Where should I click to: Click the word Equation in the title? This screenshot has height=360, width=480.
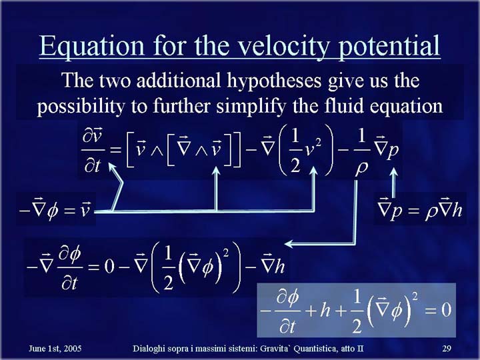(x=91, y=46)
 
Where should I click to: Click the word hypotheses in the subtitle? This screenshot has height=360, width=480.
(x=274, y=81)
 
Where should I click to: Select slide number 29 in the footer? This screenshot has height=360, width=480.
(x=447, y=349)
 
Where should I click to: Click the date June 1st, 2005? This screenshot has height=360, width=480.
(x=55, y=349)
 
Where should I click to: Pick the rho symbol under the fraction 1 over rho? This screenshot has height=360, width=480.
(x=361, y=169)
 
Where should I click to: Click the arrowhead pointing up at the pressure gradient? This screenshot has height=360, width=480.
(x=394, y=171)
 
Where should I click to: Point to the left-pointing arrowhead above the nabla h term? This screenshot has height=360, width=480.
(x=289, y=244)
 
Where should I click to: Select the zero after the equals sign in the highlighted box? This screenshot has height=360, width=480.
(x=446, y=310)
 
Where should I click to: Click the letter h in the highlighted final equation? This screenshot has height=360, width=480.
(x=325, y=309)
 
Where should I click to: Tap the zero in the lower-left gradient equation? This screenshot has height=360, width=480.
(x=109, y=266)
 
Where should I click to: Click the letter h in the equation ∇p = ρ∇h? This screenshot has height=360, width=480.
(x=457, y=210)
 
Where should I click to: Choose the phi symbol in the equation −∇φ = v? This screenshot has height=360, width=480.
(x=53, y=211)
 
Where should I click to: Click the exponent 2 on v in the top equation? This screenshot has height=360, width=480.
(x=319, y=143)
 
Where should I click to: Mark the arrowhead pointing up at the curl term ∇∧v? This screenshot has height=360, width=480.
(x=216, y=171)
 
